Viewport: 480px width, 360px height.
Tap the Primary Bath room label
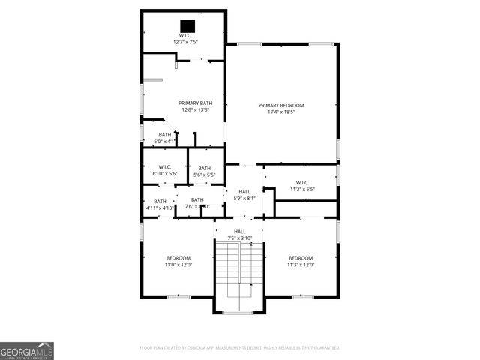195,103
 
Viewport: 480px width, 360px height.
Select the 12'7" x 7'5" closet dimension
185,42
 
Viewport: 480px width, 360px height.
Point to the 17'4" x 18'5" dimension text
281,112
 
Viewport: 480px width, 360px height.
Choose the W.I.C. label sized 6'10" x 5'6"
165,167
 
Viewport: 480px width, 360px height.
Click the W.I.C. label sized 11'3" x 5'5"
302,182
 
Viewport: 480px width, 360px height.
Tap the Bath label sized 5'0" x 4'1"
164,135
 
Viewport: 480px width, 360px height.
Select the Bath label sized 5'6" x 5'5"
204,169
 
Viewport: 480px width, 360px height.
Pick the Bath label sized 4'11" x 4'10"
160,201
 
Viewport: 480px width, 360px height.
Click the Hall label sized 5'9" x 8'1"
244,192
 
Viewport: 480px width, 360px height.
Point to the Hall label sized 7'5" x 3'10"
239,231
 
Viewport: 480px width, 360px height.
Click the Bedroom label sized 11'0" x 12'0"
178,258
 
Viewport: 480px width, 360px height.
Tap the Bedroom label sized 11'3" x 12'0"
301,258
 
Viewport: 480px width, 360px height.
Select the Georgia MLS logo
27,351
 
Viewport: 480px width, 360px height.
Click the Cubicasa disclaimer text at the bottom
240,347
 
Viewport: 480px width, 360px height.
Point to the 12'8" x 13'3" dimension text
195,110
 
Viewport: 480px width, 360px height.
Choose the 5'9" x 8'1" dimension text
244,199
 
